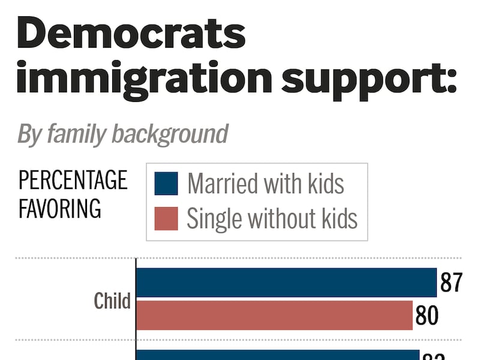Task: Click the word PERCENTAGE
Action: coord(73,180)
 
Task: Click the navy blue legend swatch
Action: coord(166,184)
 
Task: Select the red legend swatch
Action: coord(166,219)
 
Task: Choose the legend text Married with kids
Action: coord(266,184)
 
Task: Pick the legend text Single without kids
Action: coord(272,219)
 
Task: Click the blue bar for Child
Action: coord(286,282)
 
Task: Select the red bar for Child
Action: coord(275,315)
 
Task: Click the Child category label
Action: coord(112,300)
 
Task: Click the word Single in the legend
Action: coord(210,219)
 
